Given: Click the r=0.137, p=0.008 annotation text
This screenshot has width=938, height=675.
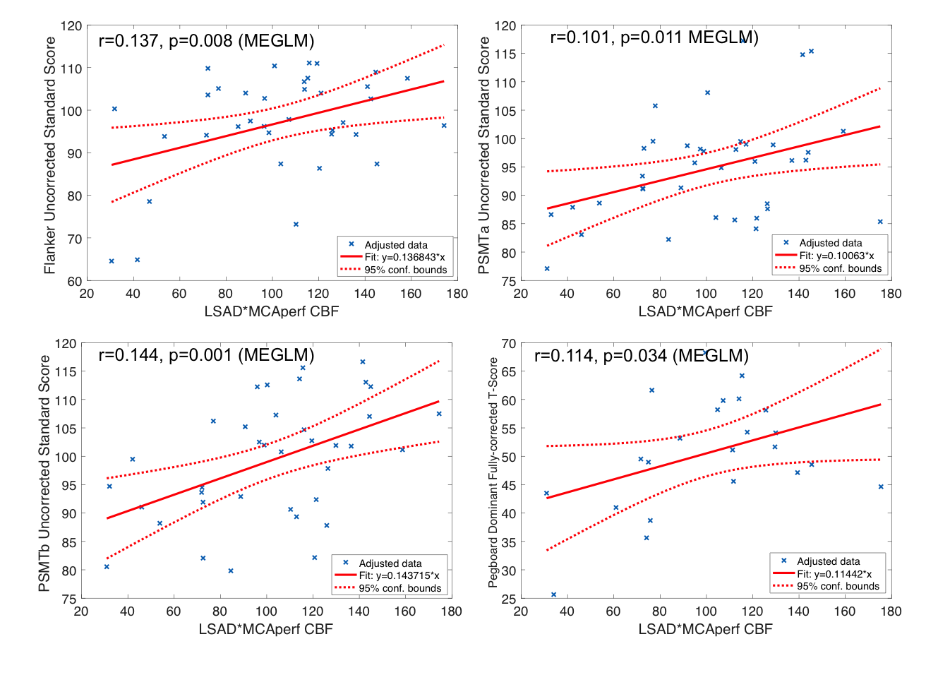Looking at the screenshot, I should coord(206,41).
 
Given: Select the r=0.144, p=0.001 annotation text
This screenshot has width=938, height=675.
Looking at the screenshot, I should coord(206,355).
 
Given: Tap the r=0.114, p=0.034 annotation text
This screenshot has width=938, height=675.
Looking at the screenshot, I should coord(641,356).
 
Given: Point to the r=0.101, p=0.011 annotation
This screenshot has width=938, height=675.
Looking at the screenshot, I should coord(654,37).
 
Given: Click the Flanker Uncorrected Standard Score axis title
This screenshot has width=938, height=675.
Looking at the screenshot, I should coord(49,155).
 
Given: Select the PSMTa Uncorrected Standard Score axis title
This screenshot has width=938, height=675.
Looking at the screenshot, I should coord(483,155).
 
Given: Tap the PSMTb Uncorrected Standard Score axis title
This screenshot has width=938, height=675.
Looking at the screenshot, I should coord(44,473).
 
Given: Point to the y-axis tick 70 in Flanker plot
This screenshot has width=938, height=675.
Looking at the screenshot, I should coord(74,239).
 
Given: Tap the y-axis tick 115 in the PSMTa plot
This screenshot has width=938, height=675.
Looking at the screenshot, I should coord(505,54).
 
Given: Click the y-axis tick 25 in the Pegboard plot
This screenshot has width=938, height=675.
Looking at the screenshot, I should coord(508,599).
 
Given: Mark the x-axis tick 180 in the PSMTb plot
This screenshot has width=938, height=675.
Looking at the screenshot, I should coord(451,611).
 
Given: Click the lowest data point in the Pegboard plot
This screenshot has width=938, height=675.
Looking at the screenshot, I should coord(553,595).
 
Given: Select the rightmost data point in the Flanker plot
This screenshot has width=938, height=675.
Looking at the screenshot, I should coord(444,126).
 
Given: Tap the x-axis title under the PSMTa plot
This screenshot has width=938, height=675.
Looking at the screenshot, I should coord(705,311).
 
